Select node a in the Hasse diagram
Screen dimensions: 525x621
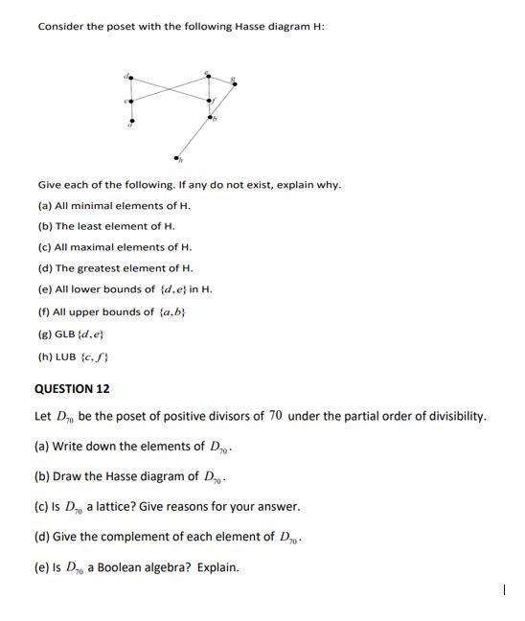[x=130, y=121]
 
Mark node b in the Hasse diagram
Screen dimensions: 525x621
[x=210, y=117]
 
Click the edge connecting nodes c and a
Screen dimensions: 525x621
[x=130, y=110]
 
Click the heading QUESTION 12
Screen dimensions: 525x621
[x=72, y=389]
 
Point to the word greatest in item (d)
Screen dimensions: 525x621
[x=122, y=268]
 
